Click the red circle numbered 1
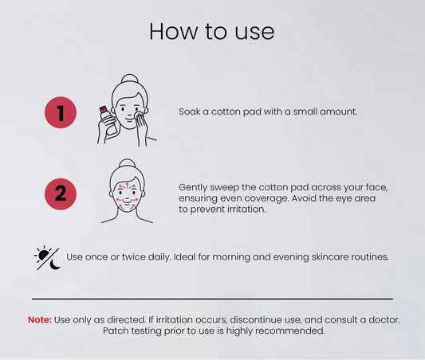coord(61,112)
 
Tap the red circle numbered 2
coord(61,194)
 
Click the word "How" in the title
coord(174,32)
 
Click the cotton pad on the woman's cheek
coord(139,115)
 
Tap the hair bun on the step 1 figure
coord(129,79)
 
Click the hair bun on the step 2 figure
coord(127,163)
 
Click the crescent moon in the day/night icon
coord(55,264)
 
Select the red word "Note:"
coord(40,319)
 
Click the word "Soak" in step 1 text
coord(190,112)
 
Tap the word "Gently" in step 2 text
coord(193,188)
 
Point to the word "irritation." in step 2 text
coord(246,209)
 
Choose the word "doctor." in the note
coord(384,319)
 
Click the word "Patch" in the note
coord(116,331)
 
